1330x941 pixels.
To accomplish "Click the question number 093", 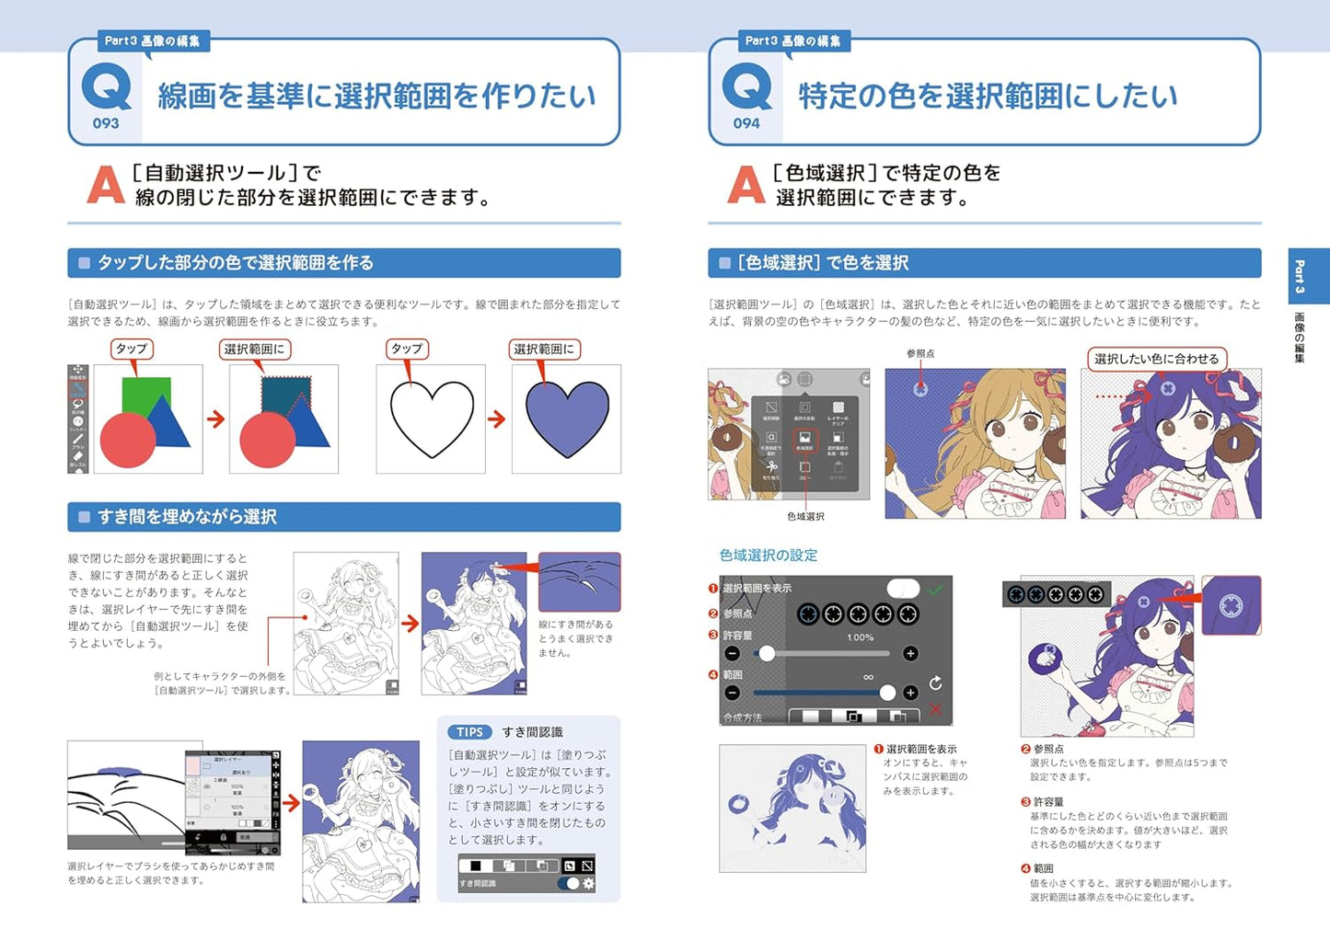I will tap(106, 123).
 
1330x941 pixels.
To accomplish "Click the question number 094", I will tap(746, 123).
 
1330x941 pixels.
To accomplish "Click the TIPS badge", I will tap(469, 732).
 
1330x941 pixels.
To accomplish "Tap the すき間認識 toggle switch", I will tap(569, 883).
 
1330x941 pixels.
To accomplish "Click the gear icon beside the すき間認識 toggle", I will tap(589, 883).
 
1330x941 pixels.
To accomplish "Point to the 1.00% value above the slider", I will tap(860, 637).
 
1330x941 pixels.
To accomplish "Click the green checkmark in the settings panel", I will tap(936, 590).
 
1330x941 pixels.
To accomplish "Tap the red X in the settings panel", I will tap(936, 709).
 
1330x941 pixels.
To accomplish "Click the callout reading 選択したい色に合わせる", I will tap(1156, 359).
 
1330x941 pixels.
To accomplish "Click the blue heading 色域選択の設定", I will tap(768, 556).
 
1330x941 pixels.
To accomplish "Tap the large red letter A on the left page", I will tap(105, 185).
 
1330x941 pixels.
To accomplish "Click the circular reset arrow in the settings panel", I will tap(936, 683).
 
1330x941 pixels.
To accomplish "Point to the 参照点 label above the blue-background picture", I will tap(919, 353).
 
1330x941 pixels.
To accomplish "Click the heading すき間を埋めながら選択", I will tap(187, 517).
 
